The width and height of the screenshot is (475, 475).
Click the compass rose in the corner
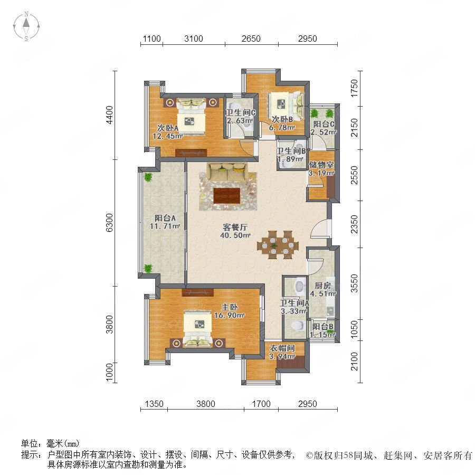[26, 26]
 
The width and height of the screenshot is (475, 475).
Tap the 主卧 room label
[230, 307]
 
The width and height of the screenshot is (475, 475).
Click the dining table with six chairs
[278, 245]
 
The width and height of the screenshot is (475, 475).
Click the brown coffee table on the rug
[227, 196]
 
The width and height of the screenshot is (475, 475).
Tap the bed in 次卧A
[191, 116]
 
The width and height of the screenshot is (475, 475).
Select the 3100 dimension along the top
[194, 39]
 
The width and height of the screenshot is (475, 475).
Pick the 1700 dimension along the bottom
[261, 404]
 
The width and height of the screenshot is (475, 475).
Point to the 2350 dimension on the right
[354, 224]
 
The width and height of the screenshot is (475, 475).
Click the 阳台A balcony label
[165, 218]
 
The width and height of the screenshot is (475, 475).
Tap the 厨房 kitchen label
[322, 286]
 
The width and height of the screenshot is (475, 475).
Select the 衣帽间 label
[282, 348]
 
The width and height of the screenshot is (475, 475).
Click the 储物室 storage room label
[321, 165]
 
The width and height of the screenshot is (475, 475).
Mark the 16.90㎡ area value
[230, 316]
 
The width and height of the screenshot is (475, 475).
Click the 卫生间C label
[241, 113]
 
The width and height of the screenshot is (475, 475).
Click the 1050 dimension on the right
[354, 330]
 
